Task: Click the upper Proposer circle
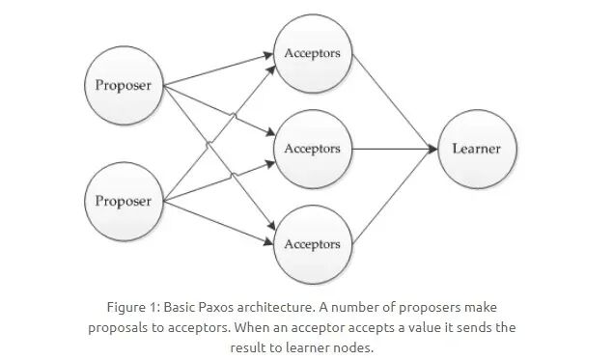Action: (x=124, y=85)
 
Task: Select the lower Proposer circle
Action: (x=124, y=202)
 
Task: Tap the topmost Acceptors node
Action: (x=313, y=53)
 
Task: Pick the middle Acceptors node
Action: (x=313, y=149)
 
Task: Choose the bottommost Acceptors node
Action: (x=313, y=244)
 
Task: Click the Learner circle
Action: (x=477, y=149)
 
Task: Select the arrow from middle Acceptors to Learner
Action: (x=395, y=149)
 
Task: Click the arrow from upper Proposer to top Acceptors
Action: (x=218, y=69)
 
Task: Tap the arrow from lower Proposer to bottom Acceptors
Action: (x=218, y=223)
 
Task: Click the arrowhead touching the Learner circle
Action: (x=433, y=149)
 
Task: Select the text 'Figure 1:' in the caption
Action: (x=133, y=307)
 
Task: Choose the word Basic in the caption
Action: (x=180, y=307)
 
